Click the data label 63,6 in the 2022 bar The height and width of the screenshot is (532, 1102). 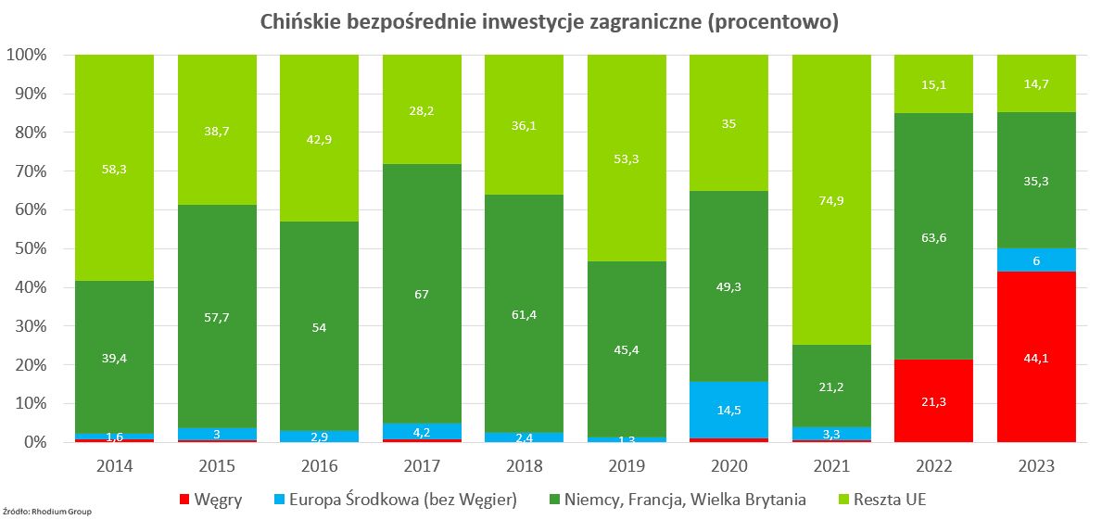[x=933, y=236]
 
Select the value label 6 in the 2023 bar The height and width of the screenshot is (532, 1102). [x=1035, y=261]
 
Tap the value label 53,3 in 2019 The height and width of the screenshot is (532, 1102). [x=627, y=158]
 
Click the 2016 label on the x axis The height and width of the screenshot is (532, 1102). [x=319, y=466]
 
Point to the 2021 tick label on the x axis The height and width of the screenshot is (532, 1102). [x=830, y=466]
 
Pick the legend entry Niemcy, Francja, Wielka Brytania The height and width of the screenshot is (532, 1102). [x=677, y=500]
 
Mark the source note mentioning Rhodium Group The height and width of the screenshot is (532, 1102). [x=47, y=511]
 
